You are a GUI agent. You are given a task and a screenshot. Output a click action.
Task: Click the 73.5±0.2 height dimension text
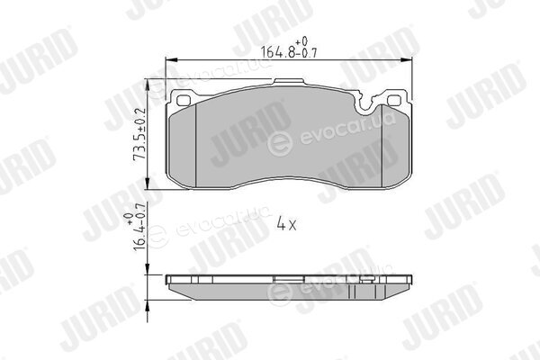139,134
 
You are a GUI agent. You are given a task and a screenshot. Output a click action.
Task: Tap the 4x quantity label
286,225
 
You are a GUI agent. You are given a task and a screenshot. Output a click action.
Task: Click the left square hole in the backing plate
184,100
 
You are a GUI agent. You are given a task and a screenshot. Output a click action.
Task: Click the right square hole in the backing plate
393,100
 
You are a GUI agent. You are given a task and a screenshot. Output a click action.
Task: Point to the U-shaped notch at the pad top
367,103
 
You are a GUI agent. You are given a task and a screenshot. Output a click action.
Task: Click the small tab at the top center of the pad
289,81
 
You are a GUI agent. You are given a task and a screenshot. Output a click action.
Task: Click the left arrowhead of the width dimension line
172,60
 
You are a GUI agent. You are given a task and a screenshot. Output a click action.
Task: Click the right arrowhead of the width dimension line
407,60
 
